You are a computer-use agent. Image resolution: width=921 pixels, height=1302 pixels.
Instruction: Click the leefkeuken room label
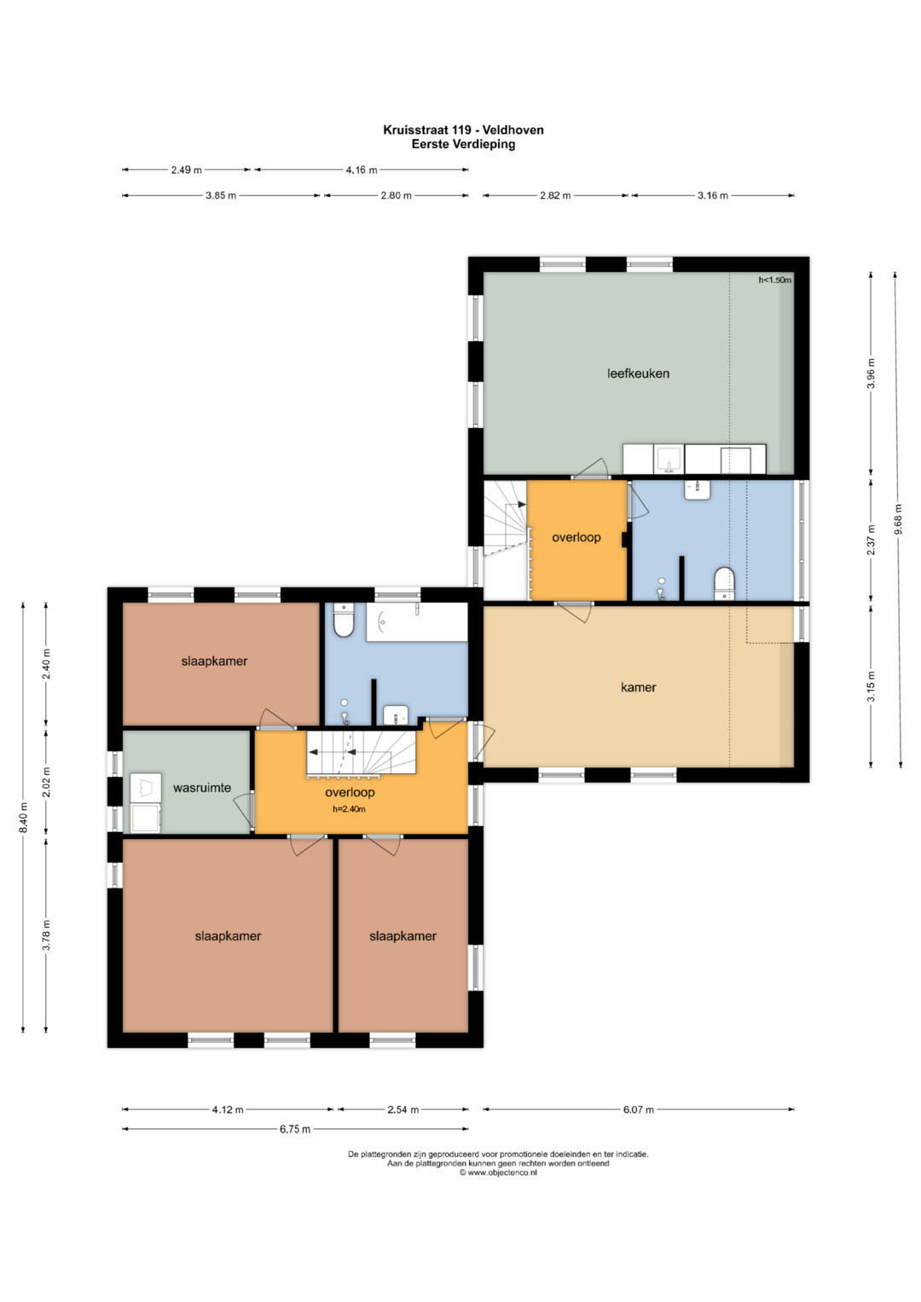point(638,373)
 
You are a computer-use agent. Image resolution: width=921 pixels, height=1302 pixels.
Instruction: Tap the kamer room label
point(638,687)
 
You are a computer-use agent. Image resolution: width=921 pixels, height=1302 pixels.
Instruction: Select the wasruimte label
point(202,788)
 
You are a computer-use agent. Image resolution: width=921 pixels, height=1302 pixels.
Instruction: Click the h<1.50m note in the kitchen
point(774,281)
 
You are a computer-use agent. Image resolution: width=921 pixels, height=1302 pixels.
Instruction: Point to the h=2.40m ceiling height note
point(349,808)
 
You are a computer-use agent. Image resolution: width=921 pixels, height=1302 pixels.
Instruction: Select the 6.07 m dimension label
point(639,1109)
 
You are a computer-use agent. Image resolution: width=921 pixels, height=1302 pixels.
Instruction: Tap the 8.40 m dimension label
point(23,817)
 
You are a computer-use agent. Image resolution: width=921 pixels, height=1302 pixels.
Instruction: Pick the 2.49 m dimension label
point(186,170)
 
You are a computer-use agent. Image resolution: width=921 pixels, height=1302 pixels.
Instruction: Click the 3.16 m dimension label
point(712,195)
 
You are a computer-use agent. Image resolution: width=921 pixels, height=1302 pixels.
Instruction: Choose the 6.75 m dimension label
point(295,1129)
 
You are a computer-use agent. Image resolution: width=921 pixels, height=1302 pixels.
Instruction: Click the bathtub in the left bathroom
point(416,622)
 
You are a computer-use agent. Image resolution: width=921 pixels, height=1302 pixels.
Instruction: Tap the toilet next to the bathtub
point(344,620)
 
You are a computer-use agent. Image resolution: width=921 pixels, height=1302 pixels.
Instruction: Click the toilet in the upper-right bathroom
point(724,583)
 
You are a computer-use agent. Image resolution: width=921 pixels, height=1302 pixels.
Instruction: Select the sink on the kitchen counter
point(669,460)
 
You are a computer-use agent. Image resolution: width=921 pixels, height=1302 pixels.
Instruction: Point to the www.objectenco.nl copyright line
point(498,1172)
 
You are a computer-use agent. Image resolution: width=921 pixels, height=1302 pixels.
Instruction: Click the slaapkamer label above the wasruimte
point(214,661)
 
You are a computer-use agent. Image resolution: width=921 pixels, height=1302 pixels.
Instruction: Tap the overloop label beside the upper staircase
point(576,537)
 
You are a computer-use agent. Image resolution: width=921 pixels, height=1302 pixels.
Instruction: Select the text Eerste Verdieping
point(463,144)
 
